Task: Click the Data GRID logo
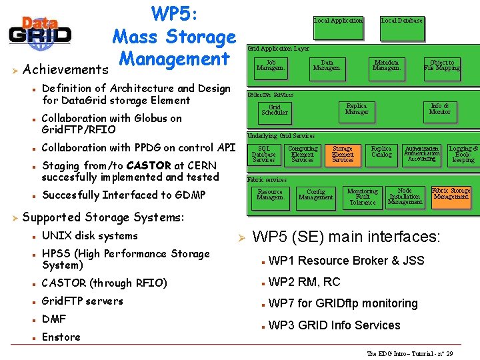tap(40, 31)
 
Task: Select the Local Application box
tap(339, 21)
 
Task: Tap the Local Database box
tap(402, 21)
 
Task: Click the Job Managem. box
tap(271, 65)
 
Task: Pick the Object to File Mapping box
tap(442, 65)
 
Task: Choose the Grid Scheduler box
tap(275, 110)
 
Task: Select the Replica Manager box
tap(357, 109)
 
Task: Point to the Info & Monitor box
tap(440, 109)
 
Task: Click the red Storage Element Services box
tap(343, 155)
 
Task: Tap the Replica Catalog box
tap(381, 153)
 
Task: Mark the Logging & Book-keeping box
tap(463, 155)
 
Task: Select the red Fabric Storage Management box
tap(451, 193)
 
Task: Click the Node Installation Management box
tap(405, 197)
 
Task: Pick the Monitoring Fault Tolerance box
tap(363, 197)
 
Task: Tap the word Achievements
tap(65, 69)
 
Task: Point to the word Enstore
tap(61, 337)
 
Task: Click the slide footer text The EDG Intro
tap(409, 353)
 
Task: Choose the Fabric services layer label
tap(267, 180)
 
